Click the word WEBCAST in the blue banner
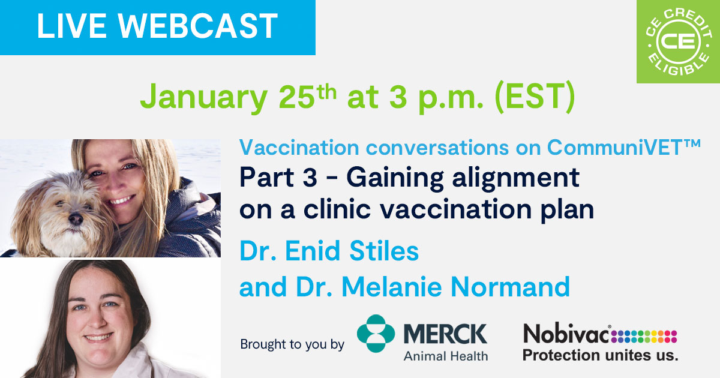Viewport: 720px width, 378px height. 200,26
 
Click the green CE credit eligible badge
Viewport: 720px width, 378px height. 677,41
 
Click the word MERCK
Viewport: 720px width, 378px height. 445,334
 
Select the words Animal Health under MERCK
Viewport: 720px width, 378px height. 445,355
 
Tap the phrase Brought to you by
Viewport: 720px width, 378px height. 292,345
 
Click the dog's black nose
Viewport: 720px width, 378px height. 76,220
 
